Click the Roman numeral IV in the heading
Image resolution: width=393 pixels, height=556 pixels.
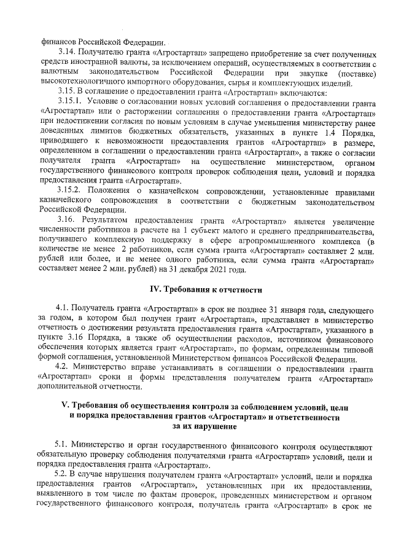tap(156, 289)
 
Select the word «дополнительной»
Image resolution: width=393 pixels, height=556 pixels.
tap(69, 386)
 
